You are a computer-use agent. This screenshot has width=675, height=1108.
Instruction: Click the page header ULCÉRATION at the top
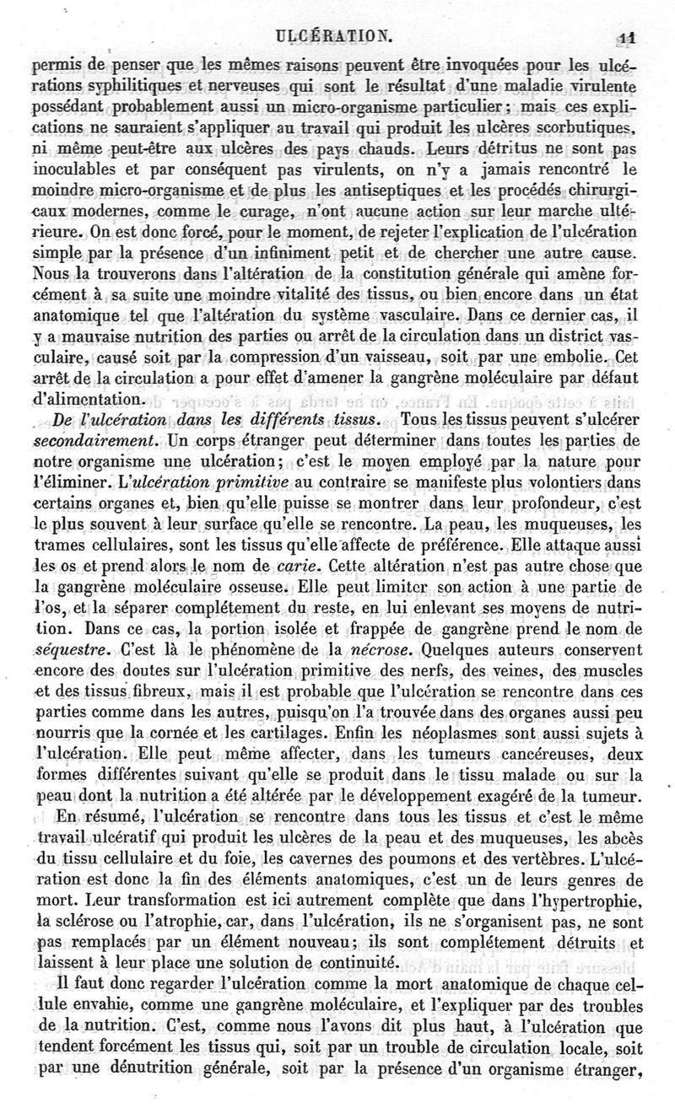336,35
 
